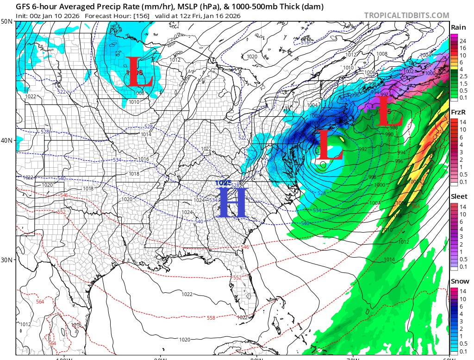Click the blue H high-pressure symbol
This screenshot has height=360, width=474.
(232, 202)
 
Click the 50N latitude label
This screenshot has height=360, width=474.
(7, 22)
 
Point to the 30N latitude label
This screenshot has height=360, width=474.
(7, 259)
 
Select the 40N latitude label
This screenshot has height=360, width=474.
(7, 140)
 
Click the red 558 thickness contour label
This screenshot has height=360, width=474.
(211, 318)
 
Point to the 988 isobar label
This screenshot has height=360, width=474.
(394, 127)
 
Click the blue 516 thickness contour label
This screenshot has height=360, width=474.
(305, 43)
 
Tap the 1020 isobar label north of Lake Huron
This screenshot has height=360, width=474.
(252, 57)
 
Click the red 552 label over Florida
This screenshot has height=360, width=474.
(237, 277)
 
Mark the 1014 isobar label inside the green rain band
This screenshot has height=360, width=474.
(389, 260)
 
